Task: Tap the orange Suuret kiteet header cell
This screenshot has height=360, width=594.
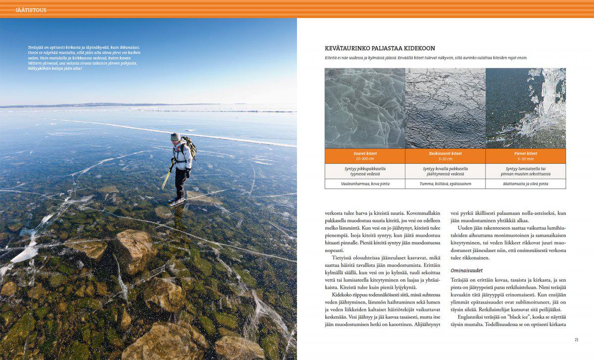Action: coord(365,156)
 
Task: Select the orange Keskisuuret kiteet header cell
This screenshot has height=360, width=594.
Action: coord(445,156)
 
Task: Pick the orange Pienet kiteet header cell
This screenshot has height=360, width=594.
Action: coord(525,156)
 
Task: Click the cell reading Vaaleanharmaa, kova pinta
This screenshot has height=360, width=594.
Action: coord(365,184)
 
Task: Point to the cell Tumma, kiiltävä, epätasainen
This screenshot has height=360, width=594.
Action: coord(445,184)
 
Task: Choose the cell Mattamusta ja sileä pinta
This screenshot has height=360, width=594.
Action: coord(525,184)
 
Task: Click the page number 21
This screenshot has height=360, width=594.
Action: coord(576,339)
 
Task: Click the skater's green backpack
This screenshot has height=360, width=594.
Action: coord(189,147)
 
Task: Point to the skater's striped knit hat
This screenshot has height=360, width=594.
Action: coord(175,136)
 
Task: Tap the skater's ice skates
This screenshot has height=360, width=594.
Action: coord(176,200)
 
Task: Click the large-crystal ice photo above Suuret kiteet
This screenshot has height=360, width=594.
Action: coord(365,108)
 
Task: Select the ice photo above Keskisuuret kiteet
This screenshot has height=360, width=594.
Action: coord(445,108)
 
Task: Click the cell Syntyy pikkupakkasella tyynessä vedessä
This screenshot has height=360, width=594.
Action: coord(365,171)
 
